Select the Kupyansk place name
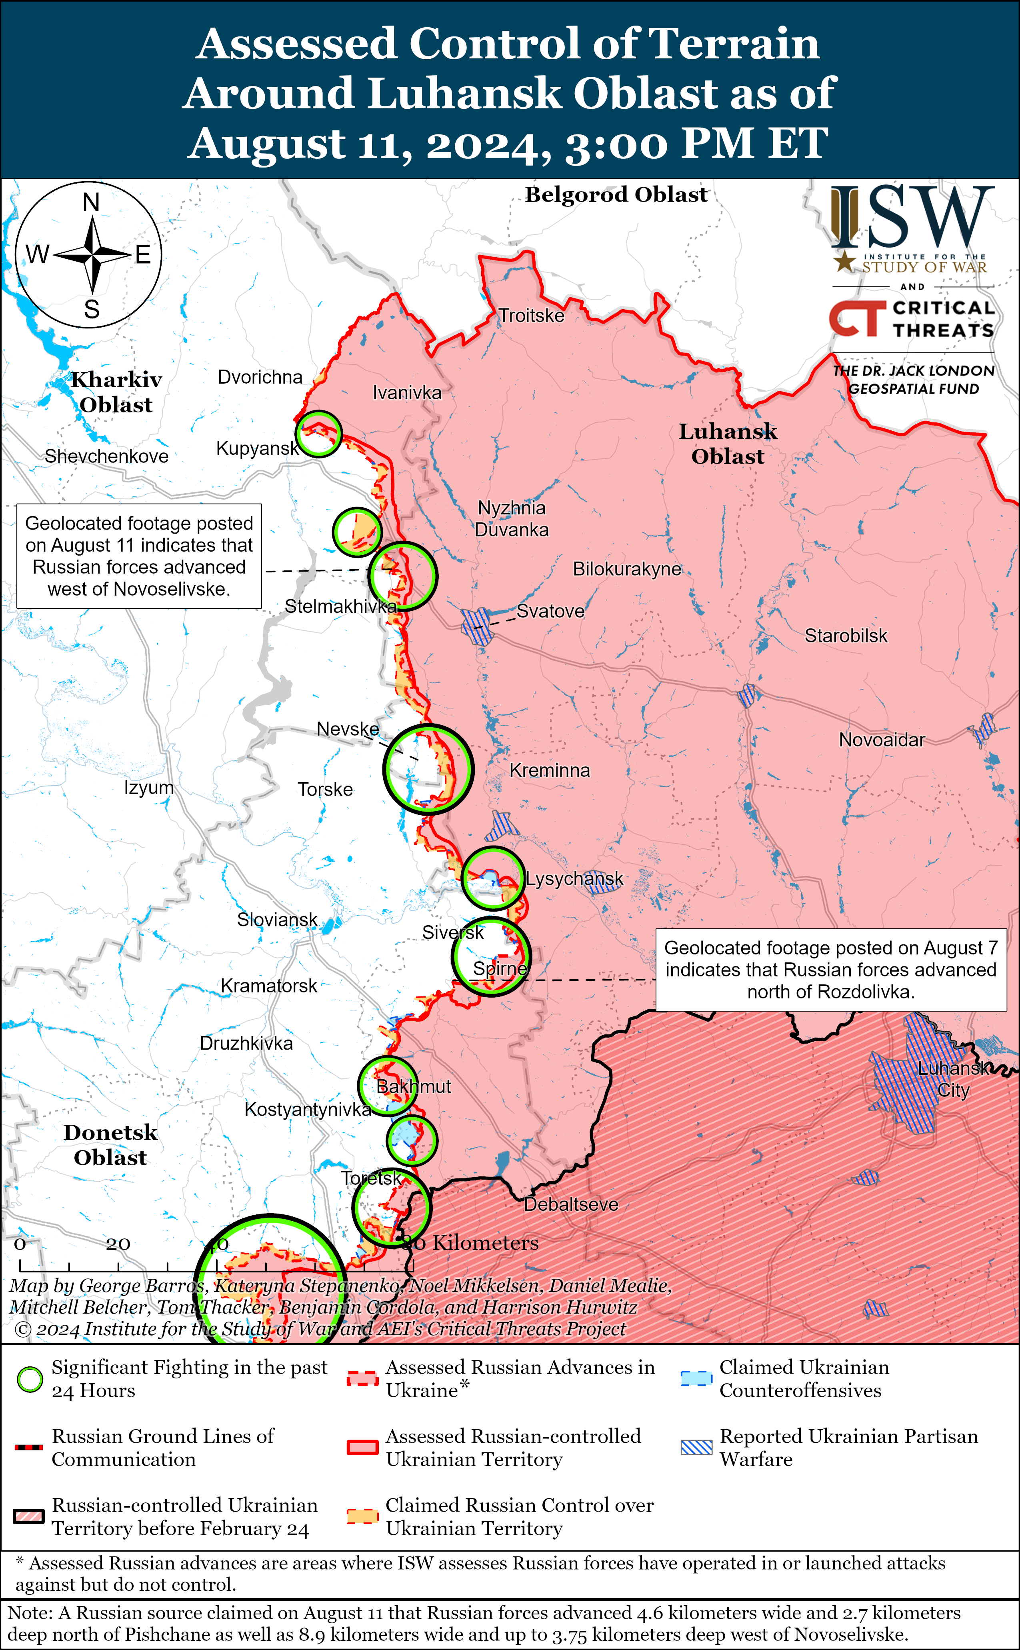pyautogui.click(x=257, y=448)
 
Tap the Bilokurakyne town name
pyautogui.click(x=627, y=569)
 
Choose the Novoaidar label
pyautogui.click(x=881, y=740)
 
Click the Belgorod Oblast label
pyautogui.click(x=616, y=195)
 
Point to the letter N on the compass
pyautogui.click(x=91, y=202)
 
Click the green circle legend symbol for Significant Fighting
pyautogui.click(x=30, y=1380)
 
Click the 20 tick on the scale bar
pyautogui.click(x=118, y=1243)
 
